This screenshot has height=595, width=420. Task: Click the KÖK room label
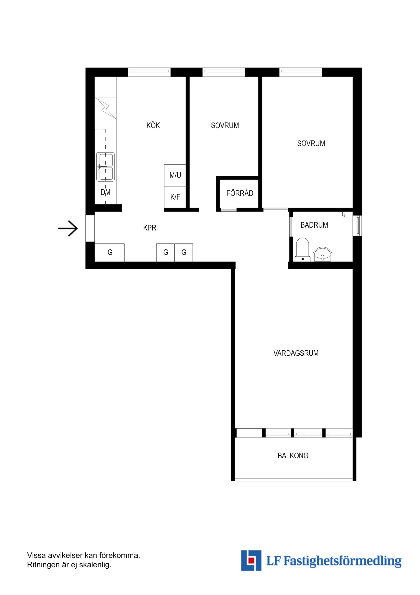click(x=153, y=125)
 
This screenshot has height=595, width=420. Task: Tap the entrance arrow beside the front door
click(x=68, y=228)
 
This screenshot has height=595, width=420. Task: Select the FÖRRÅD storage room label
click(x=240, y=193)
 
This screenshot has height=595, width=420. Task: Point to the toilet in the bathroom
click(x=302, y=249)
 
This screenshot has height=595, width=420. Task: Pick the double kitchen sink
click(x=105, y=167)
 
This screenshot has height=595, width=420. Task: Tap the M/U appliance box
click(x=175, y=175)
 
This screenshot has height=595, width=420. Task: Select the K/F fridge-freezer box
click(x=175, y=197)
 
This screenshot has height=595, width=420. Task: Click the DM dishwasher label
click(x=105, y=192)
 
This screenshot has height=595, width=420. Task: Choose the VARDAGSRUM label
click(x=296, y=353)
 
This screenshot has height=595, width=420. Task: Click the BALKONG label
click(x=293, y=455)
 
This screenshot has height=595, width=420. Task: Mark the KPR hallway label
click(x=150, y=228)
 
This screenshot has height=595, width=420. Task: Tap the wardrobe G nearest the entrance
click(x=109, y=252)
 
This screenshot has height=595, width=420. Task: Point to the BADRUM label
click(x=314, y=225)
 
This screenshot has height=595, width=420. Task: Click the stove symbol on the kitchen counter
click(x=105, y=108)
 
